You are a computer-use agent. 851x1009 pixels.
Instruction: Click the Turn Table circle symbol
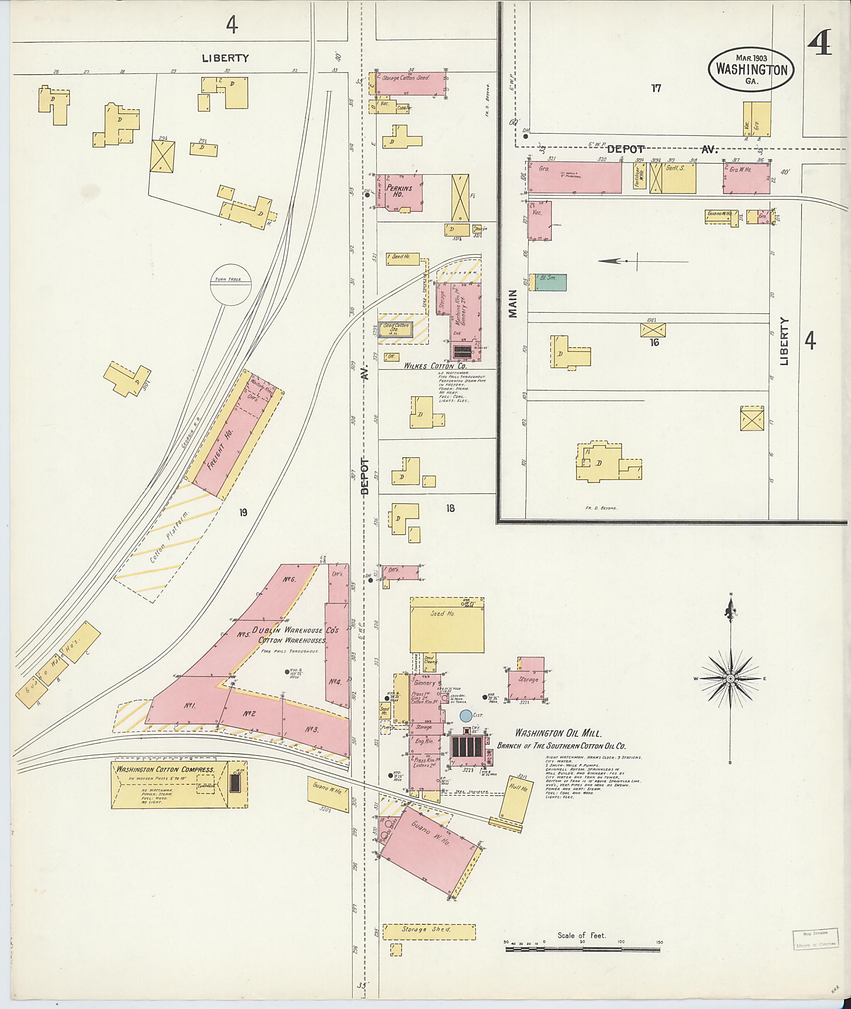coord(231,285)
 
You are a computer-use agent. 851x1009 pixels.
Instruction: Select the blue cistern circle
coord(466,716)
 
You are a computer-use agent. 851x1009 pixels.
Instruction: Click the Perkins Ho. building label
coord(399,191)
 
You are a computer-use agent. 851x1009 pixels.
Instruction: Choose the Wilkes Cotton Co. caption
coord(435,366)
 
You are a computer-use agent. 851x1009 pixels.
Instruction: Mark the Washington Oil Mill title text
coord(558,733)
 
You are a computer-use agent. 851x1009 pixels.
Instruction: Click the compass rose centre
coord(730,679)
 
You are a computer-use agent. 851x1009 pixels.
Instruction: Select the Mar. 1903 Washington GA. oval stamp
coord(751,69)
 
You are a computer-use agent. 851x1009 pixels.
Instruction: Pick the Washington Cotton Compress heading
coord(165,769)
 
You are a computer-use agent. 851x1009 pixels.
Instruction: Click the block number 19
coord(243,512)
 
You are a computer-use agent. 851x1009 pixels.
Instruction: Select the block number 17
coord(656,88)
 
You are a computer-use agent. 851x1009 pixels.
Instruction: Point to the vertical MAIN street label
coord(512,303)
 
